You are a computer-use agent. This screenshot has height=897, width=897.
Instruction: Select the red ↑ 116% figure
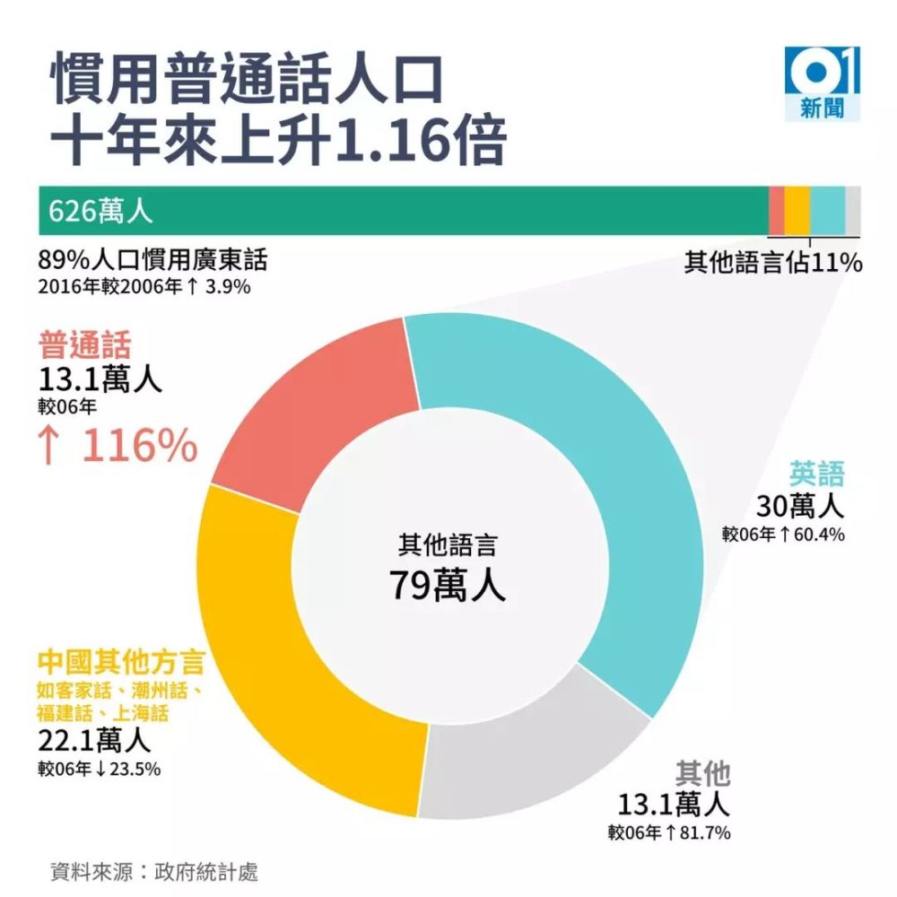(118, 446)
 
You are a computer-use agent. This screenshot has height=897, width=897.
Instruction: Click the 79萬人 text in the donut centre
(447, 585)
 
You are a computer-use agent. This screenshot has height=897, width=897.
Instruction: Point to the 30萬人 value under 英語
(800, 508)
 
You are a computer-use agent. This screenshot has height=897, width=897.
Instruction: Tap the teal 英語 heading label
(817, 474)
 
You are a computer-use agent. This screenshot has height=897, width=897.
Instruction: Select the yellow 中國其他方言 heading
(122, 664)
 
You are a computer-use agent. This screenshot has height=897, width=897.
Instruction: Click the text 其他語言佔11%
(773, 262)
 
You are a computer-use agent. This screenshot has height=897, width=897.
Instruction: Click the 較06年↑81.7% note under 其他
(668, 832)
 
